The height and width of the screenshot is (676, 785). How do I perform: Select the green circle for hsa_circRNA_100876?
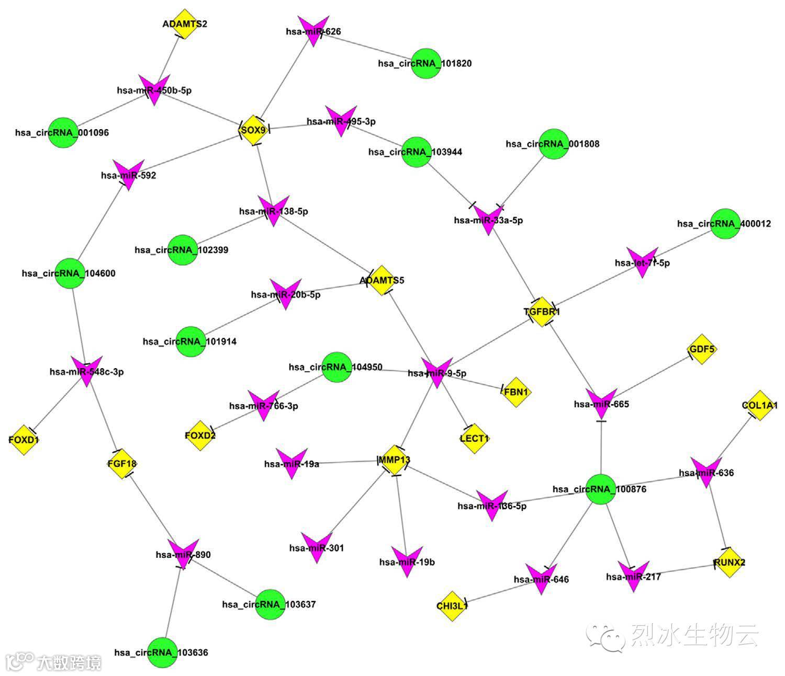coord(600,489)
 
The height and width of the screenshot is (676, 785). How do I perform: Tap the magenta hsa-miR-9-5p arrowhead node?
coord(436,372)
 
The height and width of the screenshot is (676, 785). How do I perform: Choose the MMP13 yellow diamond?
coord(395,460)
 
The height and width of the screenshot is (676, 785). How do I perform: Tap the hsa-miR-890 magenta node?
coord(183,553)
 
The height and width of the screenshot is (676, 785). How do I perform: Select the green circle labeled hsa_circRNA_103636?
coord(162,652)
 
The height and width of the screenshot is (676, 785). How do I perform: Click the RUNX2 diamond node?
coord(730,563)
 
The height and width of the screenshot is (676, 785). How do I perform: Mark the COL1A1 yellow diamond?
coord(758,405)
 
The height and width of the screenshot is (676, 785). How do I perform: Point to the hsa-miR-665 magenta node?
coord(601,403)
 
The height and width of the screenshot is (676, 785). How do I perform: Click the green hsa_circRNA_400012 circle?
coord(725,224)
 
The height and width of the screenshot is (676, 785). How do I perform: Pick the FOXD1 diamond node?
coord(24,440)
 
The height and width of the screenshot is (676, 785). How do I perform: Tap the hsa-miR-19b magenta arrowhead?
coord(407,561)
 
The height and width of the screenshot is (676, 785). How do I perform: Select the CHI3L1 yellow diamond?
coord(452,606)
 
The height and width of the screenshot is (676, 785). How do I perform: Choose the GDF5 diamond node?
coord(702,349)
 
